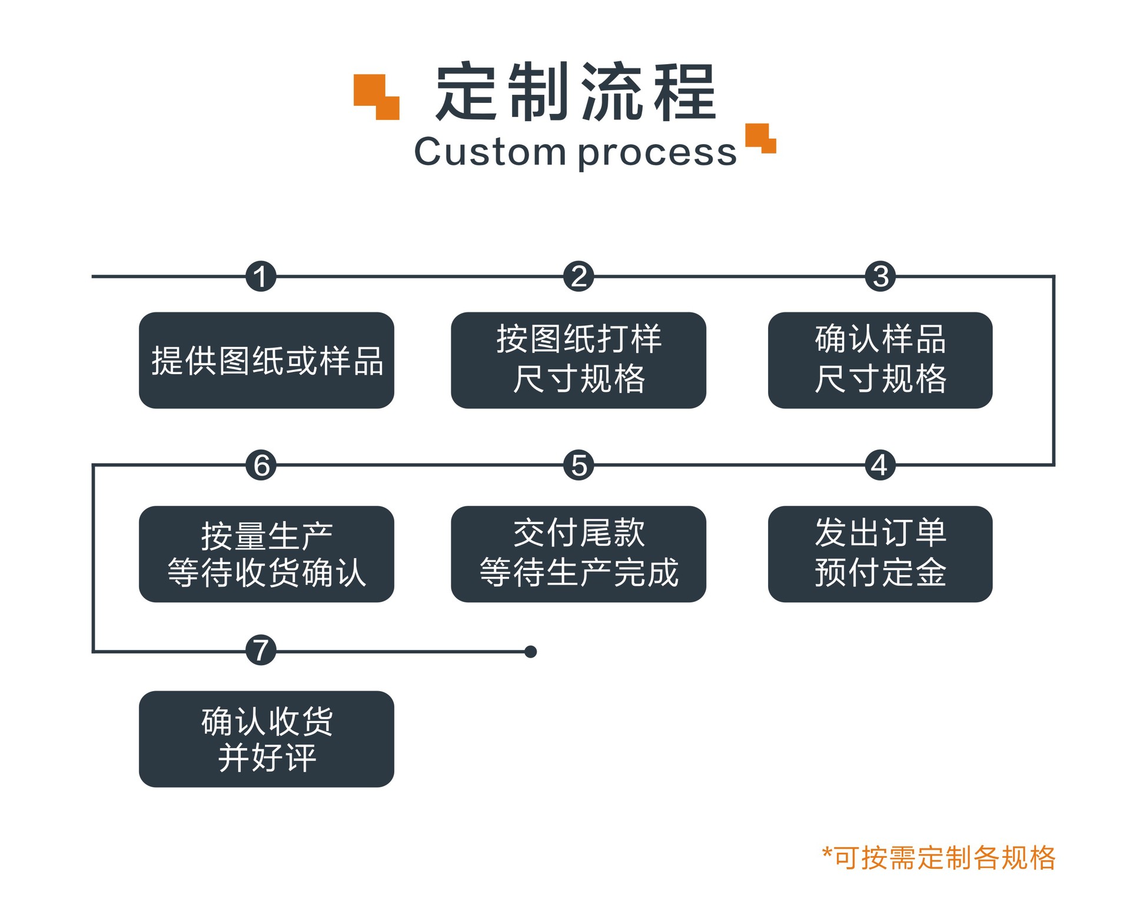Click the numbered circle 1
[261, 276]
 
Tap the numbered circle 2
[579, 276]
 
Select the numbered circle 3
[880, 276]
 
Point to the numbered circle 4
[880, 465]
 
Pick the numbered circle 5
[579, 465]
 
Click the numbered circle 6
[261, 465]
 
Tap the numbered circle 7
[261, 650]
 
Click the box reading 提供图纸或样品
[266, 360]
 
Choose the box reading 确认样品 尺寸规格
[880, 360]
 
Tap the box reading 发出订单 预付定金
[880, 554]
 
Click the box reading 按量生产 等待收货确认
[266, 554]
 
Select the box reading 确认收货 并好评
[266, 739]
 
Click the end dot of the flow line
[530, 652]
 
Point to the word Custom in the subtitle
[490, 152]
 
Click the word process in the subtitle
[657, 153]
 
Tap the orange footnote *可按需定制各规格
[939, 858]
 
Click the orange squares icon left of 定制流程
[377, 97]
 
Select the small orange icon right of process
[760, 138]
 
